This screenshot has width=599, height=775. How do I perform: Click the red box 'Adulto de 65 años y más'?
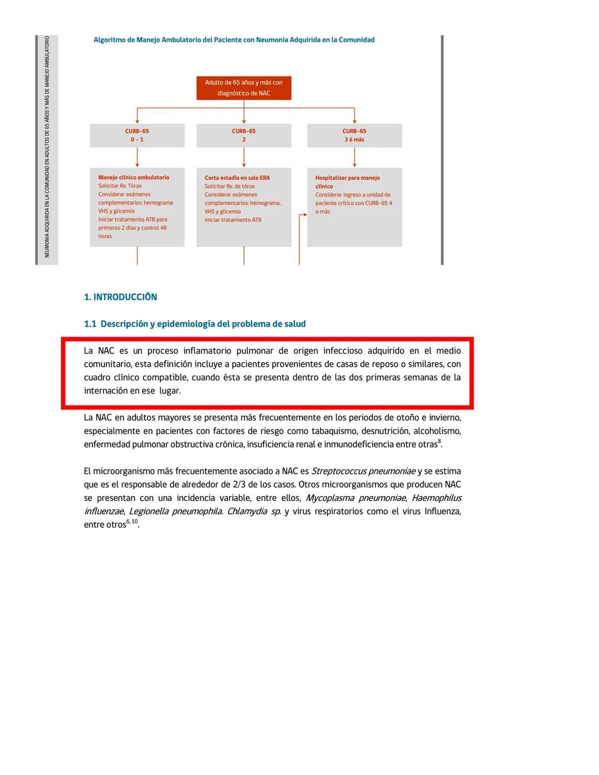[x=243, y=88]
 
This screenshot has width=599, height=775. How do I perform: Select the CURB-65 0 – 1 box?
[x=137, y=135]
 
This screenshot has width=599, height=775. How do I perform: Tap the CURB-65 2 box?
[x=243, y=135]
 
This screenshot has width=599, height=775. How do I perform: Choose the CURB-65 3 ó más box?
[x=354, y=135]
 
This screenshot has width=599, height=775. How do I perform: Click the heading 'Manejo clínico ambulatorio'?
[x=134, y=178]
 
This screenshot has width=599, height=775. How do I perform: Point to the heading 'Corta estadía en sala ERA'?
[x=237, y=178]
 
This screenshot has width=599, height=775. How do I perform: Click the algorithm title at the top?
[x=233, y=40]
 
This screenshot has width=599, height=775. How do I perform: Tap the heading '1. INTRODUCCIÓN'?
[x=120, y=297]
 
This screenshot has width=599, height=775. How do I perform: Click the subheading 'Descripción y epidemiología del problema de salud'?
[x=202, y=324]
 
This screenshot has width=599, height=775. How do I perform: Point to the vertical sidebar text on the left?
[x=47, y=147]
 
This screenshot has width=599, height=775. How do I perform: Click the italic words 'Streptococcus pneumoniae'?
[x=363, y=472]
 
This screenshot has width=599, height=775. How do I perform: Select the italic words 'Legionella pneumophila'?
[x=175, y=511]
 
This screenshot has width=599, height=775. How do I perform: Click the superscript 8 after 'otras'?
[x=439, y=442]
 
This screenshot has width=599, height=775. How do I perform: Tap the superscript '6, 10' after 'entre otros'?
[x=132, y=521]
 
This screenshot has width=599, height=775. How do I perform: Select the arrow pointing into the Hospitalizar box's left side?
[x=303, y=215]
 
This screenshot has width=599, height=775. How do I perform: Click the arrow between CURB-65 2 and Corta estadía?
[x=243, y=157]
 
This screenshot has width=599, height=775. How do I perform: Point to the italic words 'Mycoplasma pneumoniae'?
[x=356, y=498]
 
